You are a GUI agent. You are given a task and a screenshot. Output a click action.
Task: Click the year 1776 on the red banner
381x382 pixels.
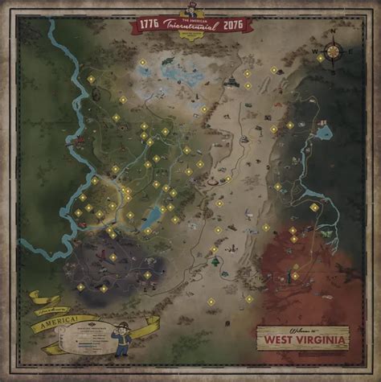tap(150, 24)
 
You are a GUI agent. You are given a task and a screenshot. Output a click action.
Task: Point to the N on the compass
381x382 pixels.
tap(332, 35)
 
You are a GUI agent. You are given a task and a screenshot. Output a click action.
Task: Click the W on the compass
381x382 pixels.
tap(315, 51)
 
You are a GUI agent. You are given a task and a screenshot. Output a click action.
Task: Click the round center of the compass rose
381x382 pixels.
tap(332, 51)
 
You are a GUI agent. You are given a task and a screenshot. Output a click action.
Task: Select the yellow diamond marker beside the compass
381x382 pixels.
tap(321, 58)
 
